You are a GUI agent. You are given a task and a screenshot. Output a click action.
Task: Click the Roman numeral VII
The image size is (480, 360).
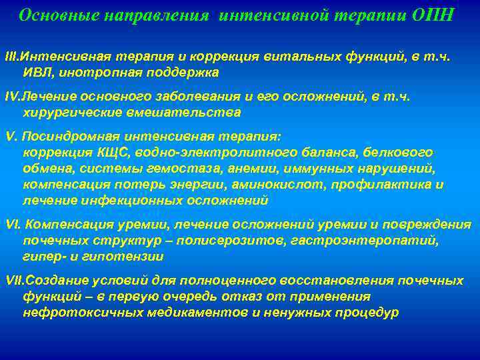pyautogui.click(x=13, y=281)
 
